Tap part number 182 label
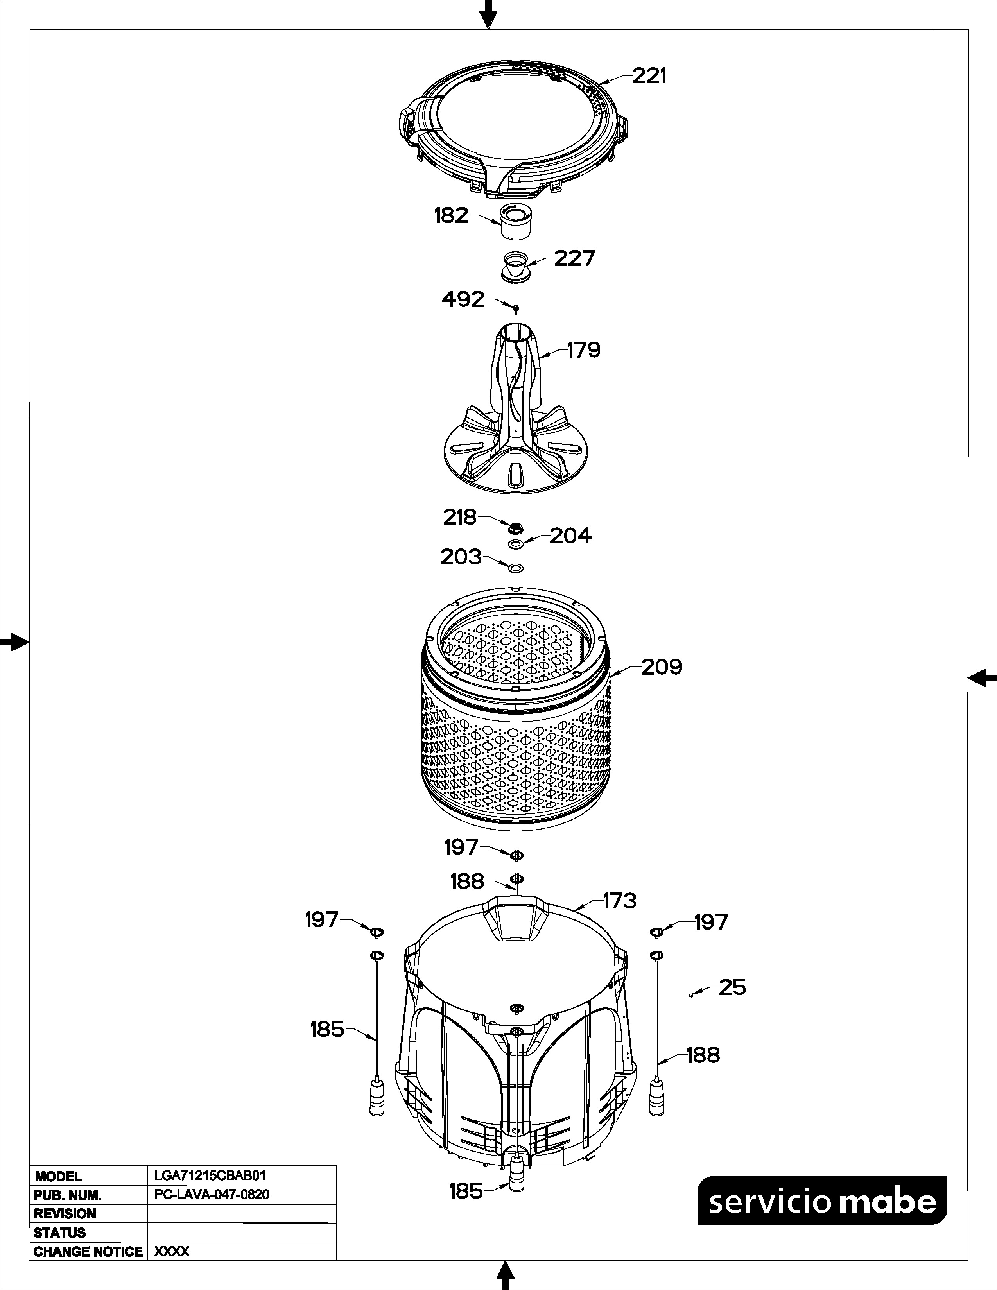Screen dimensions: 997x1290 click(x=451, y=216)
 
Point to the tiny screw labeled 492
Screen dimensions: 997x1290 click(x=516, y=309)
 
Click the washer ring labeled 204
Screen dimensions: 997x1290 click(x=516, y=543)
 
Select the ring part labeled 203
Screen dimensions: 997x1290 click(x=516, y=568)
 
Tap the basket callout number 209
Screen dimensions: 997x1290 click(x=662, y=667)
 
